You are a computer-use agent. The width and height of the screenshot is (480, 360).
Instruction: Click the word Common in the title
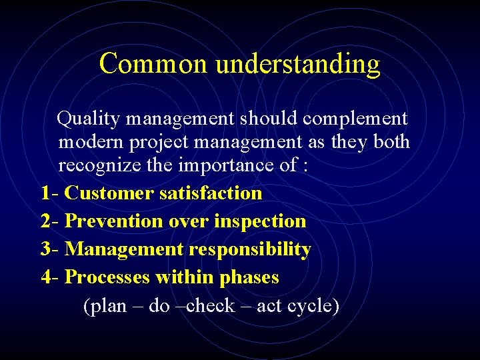tap(154, 64)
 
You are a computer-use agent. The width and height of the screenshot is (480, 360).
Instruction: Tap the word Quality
tap(89, 119)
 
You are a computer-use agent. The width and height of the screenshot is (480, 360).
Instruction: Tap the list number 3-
tap(51, 249)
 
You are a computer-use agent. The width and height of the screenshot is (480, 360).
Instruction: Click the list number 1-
tap(50, 193)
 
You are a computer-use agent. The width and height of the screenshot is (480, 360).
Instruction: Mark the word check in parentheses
tap(211, 306)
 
